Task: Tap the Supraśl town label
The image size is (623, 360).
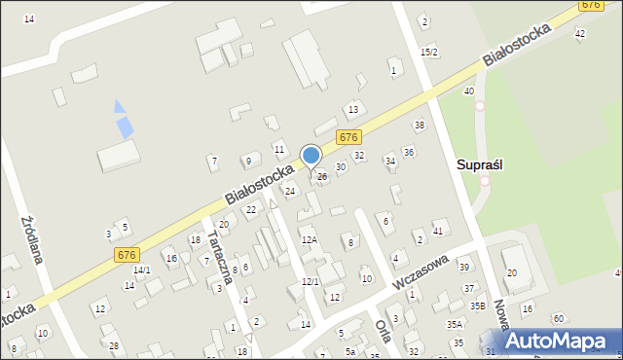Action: tap(479, 165)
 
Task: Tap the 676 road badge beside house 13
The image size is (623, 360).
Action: tap(348, 137)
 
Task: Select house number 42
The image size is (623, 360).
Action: tap(580, 34)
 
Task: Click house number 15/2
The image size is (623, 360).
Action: tap(428, 52)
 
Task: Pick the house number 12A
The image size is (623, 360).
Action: tap(309, 239)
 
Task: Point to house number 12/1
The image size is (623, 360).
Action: tap(310, 281)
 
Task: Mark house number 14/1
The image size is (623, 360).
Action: tap(142, 270)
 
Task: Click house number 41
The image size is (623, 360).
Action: tap(438, 231)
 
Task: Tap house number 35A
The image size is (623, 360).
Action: tap(455, 324)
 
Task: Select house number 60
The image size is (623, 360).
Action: tap(558, 318)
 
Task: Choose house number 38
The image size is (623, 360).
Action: tap(420, 126)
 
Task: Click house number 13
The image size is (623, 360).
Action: tap(353, 109)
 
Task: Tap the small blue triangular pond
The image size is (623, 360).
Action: tap(119, 105)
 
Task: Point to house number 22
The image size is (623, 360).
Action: tap(250, 209)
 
